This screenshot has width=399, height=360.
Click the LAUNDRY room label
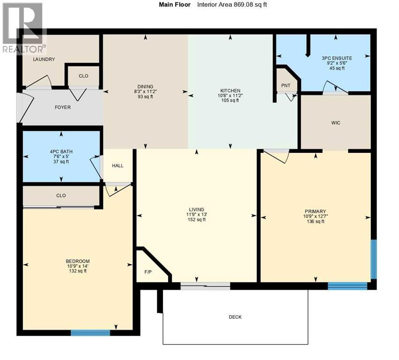tap(44, 60)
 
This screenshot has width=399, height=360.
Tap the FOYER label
tap(63, 107)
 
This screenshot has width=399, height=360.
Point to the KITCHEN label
tap(230, 91)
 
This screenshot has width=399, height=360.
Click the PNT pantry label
tap(286, 86)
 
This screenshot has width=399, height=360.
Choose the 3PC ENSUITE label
tap(337, 58)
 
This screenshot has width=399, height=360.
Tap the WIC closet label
tap(335, 123)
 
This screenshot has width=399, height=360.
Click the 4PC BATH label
tap(61, 151)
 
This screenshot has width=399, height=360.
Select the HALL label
tap(118, 165)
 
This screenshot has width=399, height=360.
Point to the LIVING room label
tap(197, 210)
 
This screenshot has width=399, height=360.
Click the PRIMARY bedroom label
tap(315, 211)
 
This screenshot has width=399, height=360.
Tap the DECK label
tap(235, 317)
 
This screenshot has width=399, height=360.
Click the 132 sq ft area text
tap(78, 271)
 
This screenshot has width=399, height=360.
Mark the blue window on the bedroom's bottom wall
tap(90, 333)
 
